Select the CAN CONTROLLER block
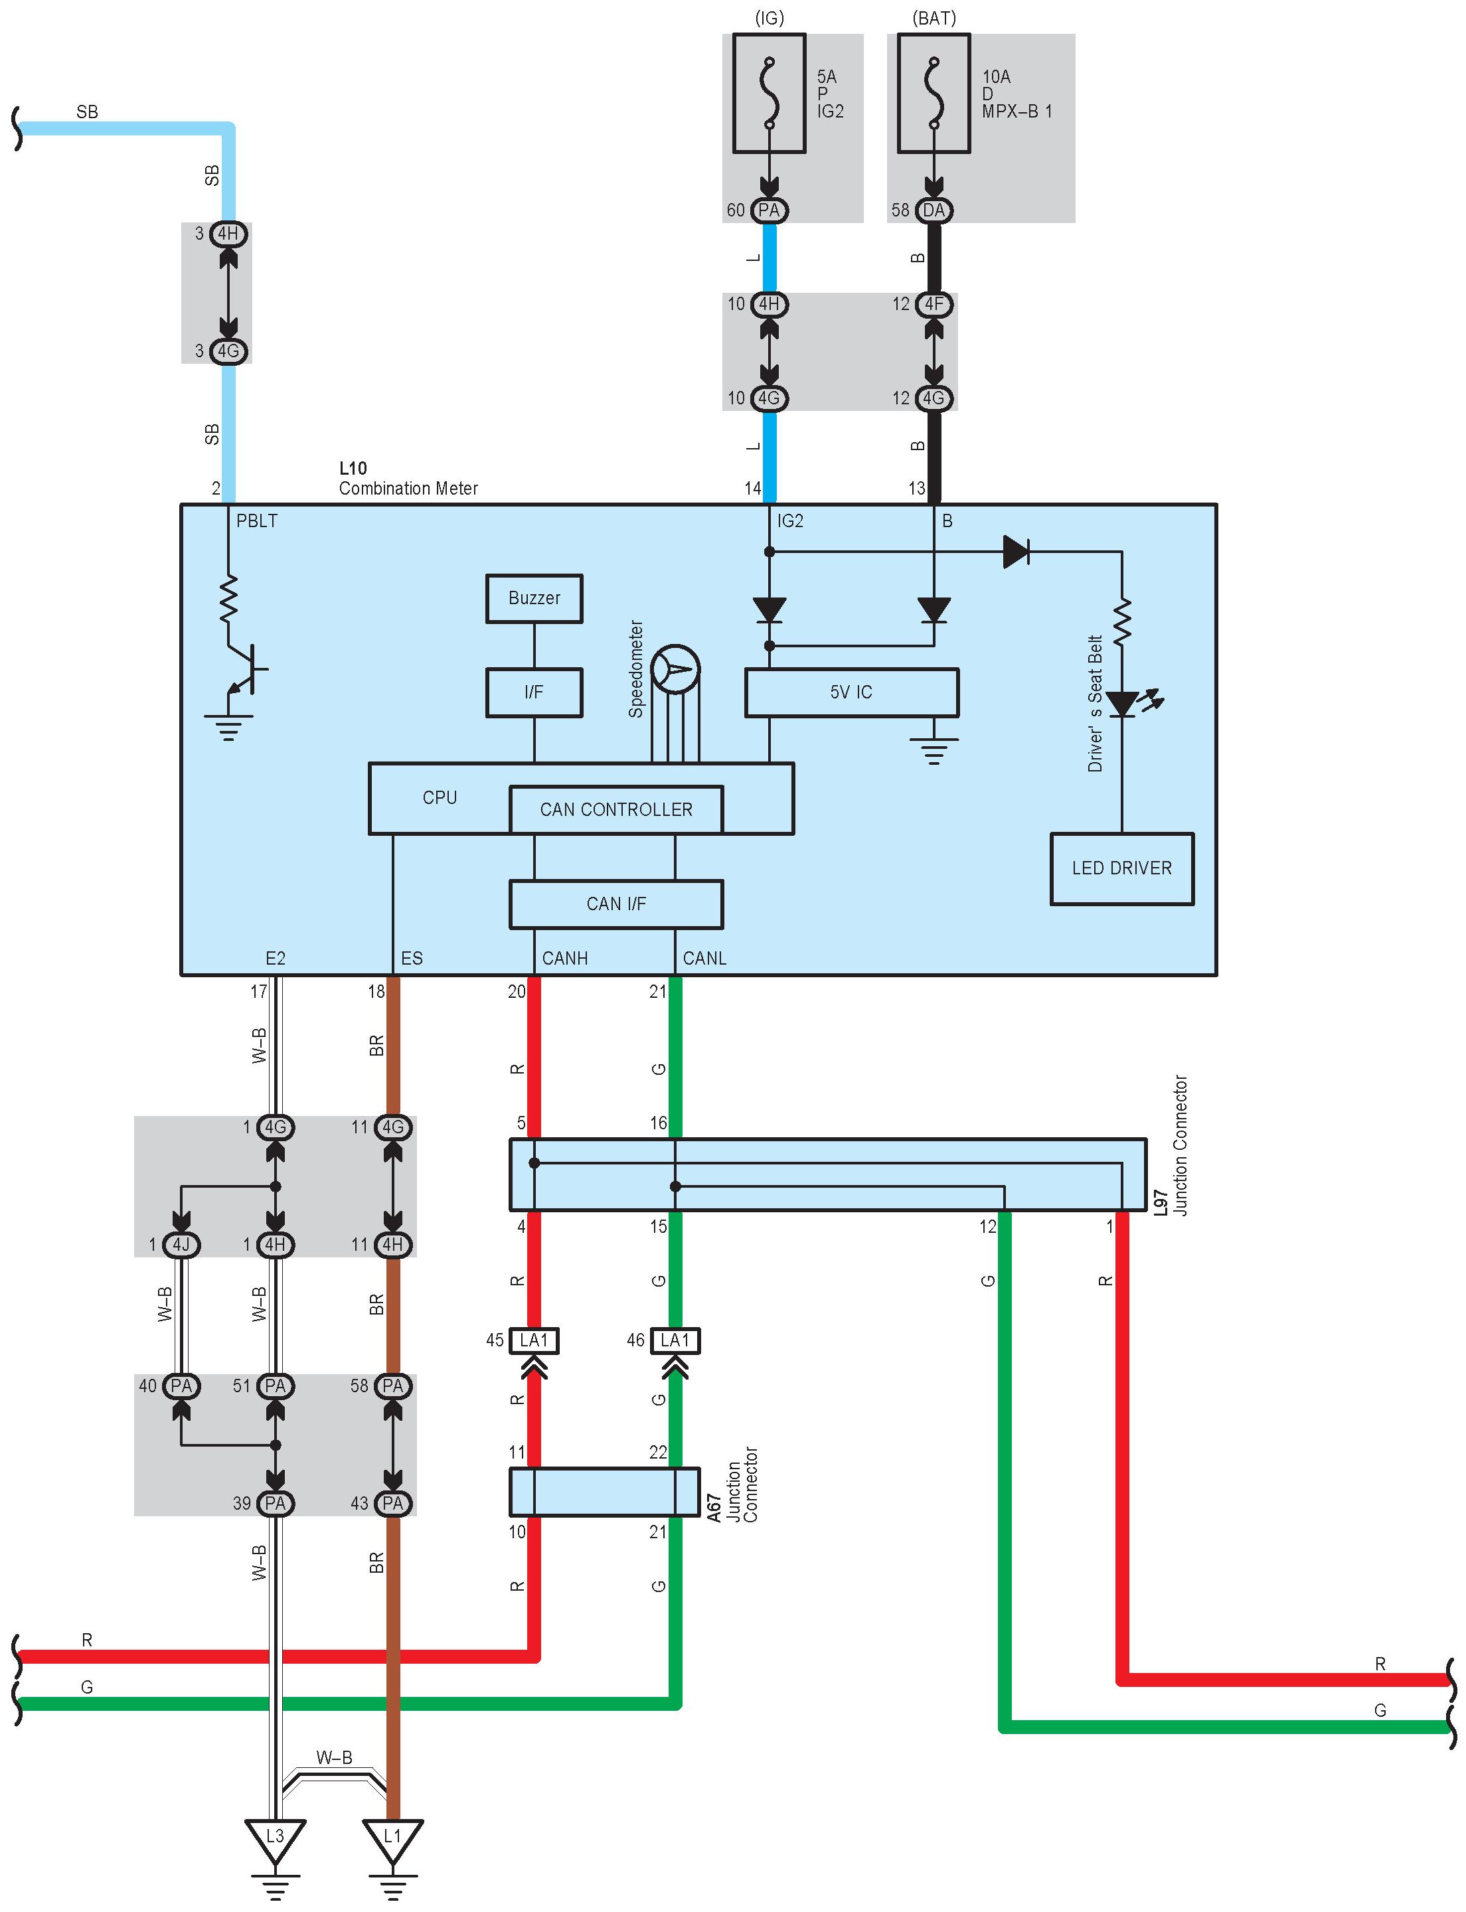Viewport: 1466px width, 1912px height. (x=616, y=810)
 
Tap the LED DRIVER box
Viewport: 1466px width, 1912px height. (x=1121, y=868)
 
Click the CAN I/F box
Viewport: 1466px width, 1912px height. (x=616, y=904)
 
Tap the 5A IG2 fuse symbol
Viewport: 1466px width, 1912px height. (x=769, y=94)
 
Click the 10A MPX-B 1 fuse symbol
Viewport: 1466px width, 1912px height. (x=934, y=94)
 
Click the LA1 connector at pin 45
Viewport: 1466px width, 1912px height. (x=534, y=1340)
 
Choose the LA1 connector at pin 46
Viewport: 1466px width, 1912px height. (x=675, y=1340)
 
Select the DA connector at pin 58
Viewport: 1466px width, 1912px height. (x=934, y=210)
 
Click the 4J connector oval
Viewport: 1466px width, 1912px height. (x=181, y=1244)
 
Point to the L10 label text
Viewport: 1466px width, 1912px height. (x=353, y=469)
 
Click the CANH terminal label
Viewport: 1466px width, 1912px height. (x=564, y=958)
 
